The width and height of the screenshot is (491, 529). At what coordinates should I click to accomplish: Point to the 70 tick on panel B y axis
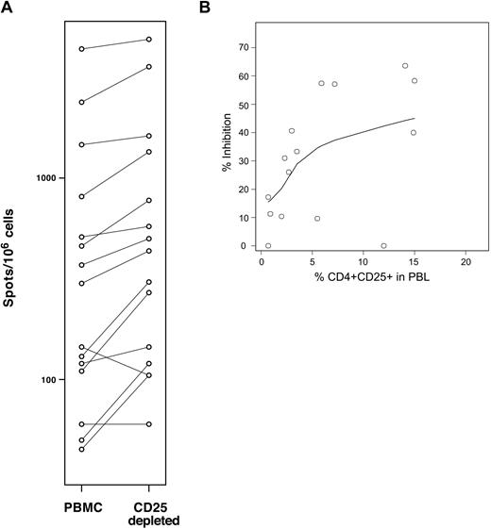tap(245, 47)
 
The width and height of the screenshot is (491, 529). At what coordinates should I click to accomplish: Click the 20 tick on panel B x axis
tap(465, 263)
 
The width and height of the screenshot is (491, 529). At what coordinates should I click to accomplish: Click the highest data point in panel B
tap(404, 66)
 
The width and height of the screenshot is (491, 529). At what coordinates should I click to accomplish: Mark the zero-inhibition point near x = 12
tap(383, 245)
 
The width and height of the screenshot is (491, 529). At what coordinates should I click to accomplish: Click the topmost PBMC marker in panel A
tap(81, 48)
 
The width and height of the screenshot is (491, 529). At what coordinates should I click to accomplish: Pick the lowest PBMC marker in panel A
tap(81, 449)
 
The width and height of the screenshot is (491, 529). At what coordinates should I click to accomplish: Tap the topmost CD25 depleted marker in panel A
tap(149, 39)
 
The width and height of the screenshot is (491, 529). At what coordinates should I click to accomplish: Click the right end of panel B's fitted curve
tap(414, 119)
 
